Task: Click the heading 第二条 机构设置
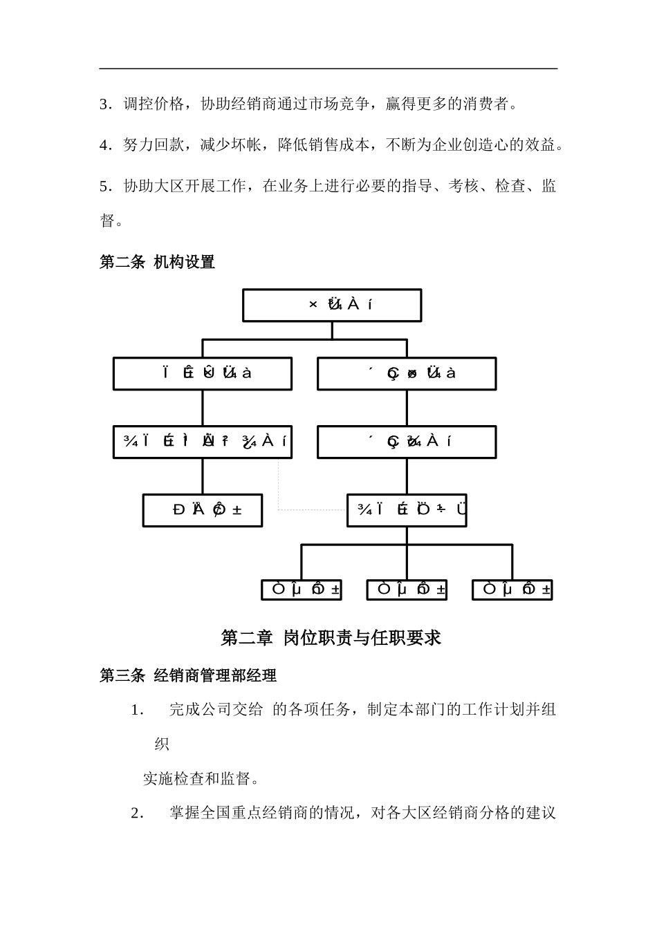[157, 263]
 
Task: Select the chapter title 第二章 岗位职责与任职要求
[331, 638]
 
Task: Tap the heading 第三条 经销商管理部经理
[188, 675]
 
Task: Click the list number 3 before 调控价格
[104, 105]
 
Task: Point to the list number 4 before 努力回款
[104, 145]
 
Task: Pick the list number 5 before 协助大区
[104, 186]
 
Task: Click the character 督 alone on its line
[107, 221]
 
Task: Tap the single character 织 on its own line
[162, 744]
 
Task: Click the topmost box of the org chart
[332, 305]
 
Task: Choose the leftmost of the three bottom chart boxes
[301, 590]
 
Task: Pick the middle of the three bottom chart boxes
[407, 590]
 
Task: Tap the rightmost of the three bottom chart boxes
[512, 590]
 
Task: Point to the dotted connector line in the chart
[279, 484]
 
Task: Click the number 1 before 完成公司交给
[136, 711]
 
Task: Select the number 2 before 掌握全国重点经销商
[136, 814]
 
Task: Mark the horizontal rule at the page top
[328, 68]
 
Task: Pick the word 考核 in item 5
[463, 186]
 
